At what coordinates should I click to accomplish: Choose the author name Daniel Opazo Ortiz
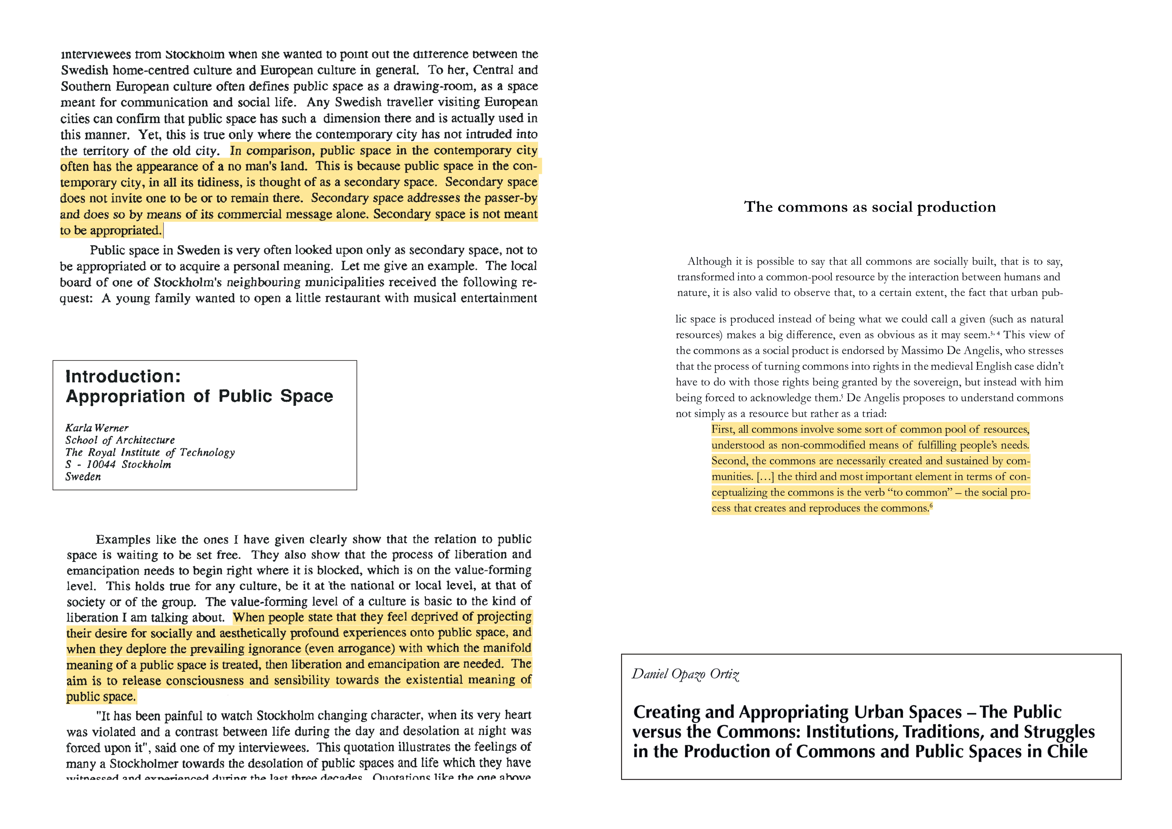click(685, 674)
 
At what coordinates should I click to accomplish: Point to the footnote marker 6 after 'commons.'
click(931, 506)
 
